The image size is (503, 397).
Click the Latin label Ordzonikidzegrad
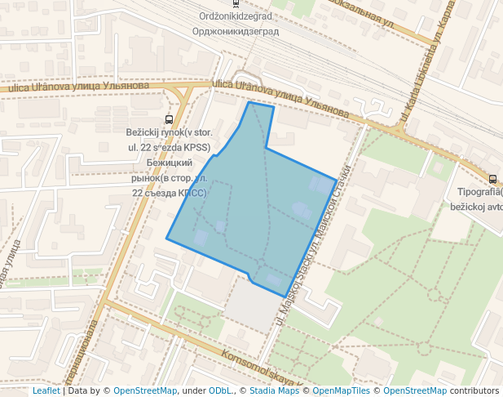(236, 16)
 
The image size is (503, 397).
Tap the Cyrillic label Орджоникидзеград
(236, 31)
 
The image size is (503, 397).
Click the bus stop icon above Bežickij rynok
(169, 119)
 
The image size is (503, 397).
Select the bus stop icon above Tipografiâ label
(492, 179)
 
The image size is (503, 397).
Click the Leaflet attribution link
(46, 390)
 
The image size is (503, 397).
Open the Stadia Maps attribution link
(275, 390)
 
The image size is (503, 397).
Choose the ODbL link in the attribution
(220, 390)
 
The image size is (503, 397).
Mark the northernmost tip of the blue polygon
(249, 103)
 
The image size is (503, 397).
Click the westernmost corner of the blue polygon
(167, 239)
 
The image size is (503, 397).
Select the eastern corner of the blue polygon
(335, 179)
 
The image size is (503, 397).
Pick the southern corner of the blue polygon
(284, 297)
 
